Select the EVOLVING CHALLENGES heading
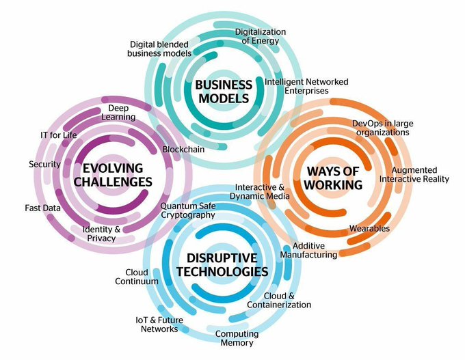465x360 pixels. [117, 175]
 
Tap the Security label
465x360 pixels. [44, 164]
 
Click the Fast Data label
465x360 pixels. [43, 208]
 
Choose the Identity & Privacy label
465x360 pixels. [101, 234]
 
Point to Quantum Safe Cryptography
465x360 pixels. [187, 210]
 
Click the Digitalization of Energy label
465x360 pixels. [260, 36]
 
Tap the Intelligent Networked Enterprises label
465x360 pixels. [306, 86]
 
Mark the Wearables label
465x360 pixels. [369, 228]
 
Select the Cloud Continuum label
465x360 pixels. [137, 277]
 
